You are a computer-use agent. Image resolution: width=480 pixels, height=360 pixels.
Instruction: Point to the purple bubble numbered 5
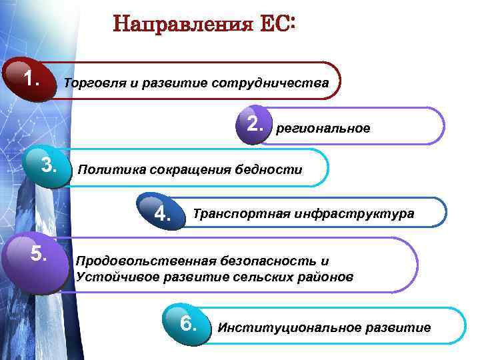38,254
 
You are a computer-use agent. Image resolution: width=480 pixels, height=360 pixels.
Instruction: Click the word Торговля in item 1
89,84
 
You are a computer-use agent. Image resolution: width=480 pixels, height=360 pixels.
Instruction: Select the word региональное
323,128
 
